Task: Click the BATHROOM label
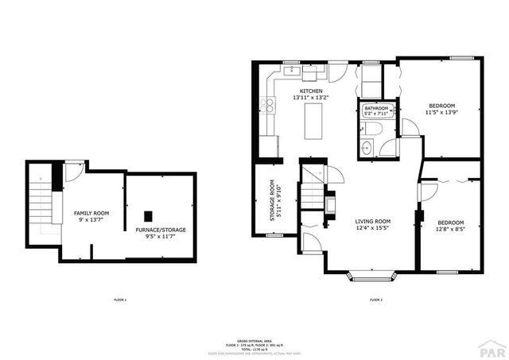click(376, 107)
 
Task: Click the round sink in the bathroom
click(368, 147)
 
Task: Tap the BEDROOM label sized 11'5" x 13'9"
click(442, 106)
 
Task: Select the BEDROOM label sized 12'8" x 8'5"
click(449, 223)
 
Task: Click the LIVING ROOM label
click(372, 222)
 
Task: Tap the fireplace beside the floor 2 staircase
click(328, 203)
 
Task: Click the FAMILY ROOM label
click(91, 214)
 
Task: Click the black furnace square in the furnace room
click(147, 215)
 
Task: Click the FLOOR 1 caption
click(121, 300)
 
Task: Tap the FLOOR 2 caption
click(376, 300)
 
